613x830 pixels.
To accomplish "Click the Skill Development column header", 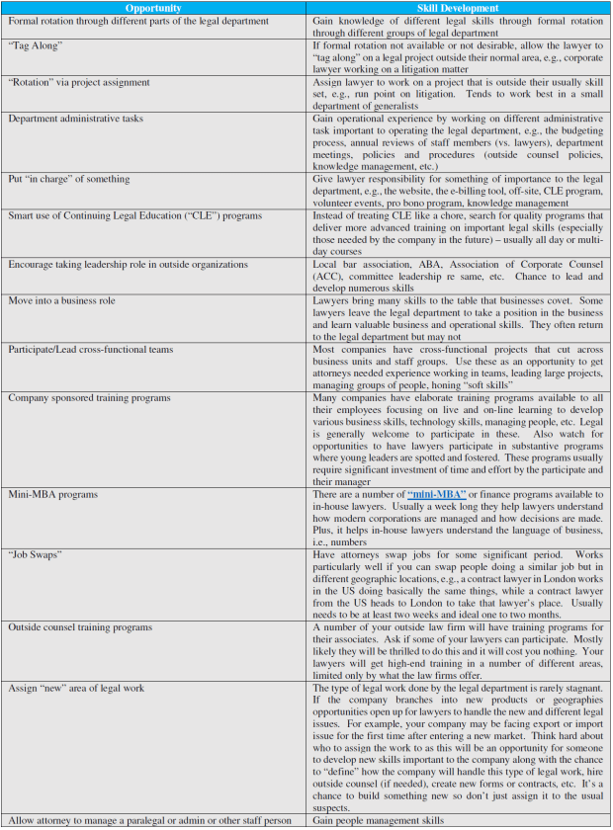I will tap(458, 8).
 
